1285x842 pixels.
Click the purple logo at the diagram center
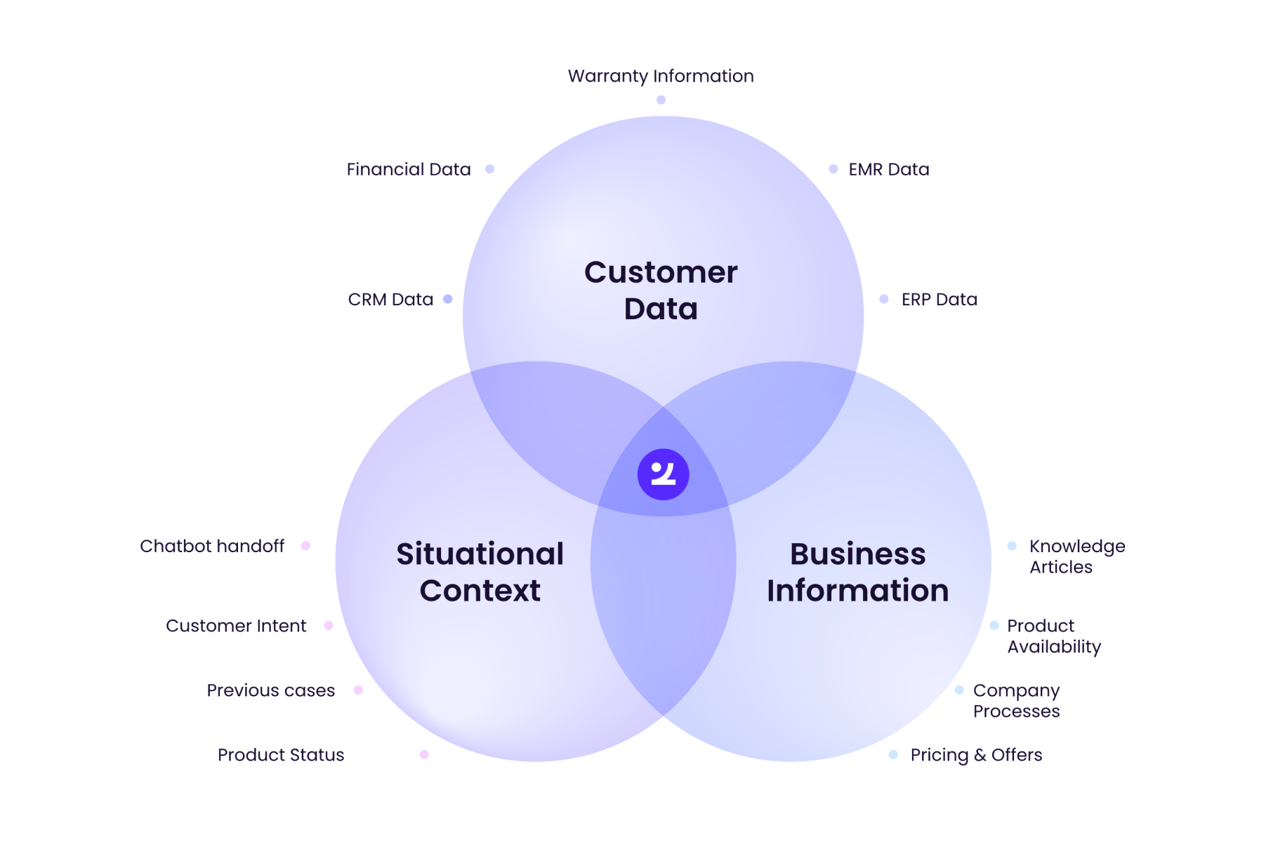[663, 474]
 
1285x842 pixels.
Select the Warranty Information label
[661, 76]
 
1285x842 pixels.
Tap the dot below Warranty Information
[661, 100]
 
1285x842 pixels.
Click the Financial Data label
[409, 169]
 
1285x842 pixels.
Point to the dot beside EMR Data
[833, 169]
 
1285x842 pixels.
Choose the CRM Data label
[390, 300]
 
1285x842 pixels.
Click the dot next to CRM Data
[448, 300]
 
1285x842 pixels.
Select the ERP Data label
[939, 300]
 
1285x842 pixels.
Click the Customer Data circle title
[661, 290]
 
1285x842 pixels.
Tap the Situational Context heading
[480, 572]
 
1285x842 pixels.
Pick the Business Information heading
[857, 572]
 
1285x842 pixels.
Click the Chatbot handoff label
[212, 546]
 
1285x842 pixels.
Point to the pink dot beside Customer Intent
[328, 625]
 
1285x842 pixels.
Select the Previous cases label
[270, 690]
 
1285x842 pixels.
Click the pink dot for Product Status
[424, 755]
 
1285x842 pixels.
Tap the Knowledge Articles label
[1077, 556]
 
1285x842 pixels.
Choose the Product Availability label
[1053, 636]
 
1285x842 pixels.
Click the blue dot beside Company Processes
[959, 690]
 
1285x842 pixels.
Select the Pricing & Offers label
[976, 755]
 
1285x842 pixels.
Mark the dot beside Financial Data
[490, 169]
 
